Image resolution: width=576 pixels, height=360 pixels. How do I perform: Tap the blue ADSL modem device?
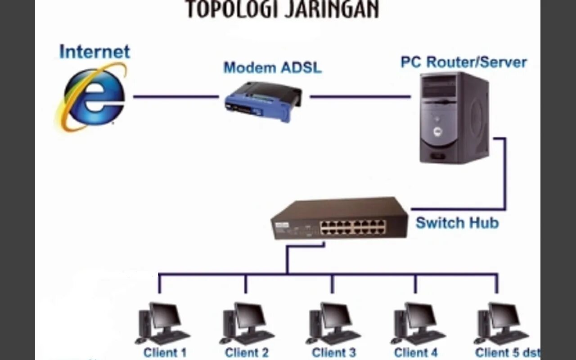click(263, 102)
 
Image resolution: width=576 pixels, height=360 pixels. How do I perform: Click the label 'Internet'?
click(94, 52)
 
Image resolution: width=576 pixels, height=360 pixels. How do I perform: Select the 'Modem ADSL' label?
click(273, 68)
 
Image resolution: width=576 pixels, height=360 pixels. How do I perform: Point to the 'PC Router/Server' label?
click(463, 62)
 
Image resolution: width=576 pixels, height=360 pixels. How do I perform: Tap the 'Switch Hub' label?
click(457, 223)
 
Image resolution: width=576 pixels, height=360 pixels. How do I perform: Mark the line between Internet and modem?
click(175, 96)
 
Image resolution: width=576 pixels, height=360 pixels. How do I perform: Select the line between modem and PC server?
click(360, 96)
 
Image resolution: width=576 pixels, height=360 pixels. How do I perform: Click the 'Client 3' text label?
click(334, 353)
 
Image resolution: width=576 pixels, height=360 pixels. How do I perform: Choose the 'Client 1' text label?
click(165, 353)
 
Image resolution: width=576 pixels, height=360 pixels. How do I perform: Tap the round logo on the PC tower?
click(436, 131)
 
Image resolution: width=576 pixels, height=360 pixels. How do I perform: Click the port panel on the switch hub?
click(353, 227)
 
